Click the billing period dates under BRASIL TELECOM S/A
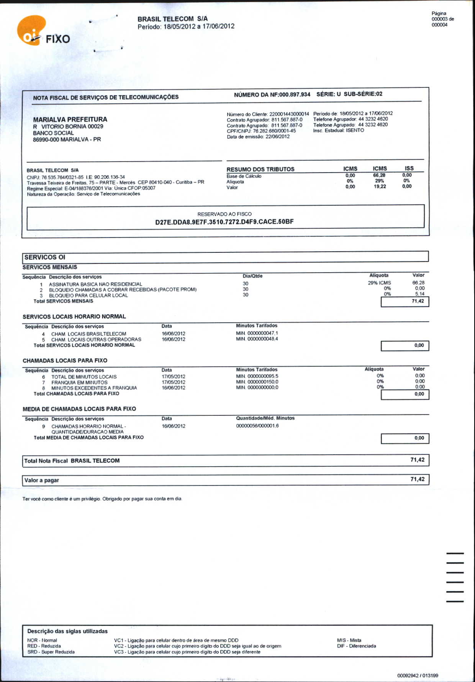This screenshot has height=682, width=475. tap(186, 26)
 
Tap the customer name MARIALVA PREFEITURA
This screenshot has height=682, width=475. tap(70, 119)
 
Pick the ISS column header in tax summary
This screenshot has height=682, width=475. tap(409, 168)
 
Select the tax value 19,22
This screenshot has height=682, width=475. tap(380, 187)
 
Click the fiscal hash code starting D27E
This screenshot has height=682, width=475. tap(224, 222)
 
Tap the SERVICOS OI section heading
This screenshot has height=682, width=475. tap(45, 257)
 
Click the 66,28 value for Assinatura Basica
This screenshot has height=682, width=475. tap(418, 283)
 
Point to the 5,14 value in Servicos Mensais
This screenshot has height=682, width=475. tap(420, 294)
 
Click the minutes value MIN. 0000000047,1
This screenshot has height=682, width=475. tap(257, 333)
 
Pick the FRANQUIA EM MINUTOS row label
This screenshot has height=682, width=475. tap(79, 382)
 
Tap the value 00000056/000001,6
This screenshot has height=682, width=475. tap(257, 426)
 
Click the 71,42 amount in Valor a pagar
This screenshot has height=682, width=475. tap(417, 479)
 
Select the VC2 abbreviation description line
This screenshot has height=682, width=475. tap(197, 646)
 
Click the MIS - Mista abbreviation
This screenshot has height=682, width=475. tap(349, 640)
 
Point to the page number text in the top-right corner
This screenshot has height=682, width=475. tap(442, 19)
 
